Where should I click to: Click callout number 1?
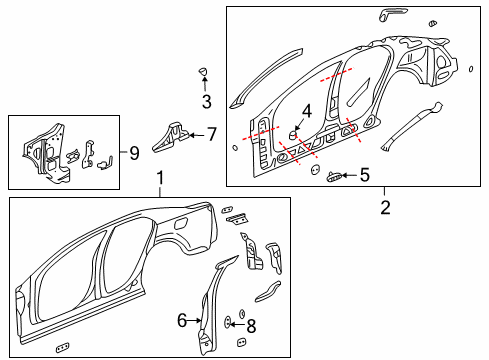(x=159, y=180)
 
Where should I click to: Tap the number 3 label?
(x=206, y=101)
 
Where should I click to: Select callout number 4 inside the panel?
(x=308, y=112)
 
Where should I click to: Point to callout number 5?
(x=364, y=176)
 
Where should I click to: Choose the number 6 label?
(x=183, y=320)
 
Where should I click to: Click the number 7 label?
(x=211, y=133)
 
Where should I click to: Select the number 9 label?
(x=134, y=153)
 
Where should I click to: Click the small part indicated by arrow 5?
(x=334, y=176)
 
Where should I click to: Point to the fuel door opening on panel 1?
(x=181, y=220)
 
